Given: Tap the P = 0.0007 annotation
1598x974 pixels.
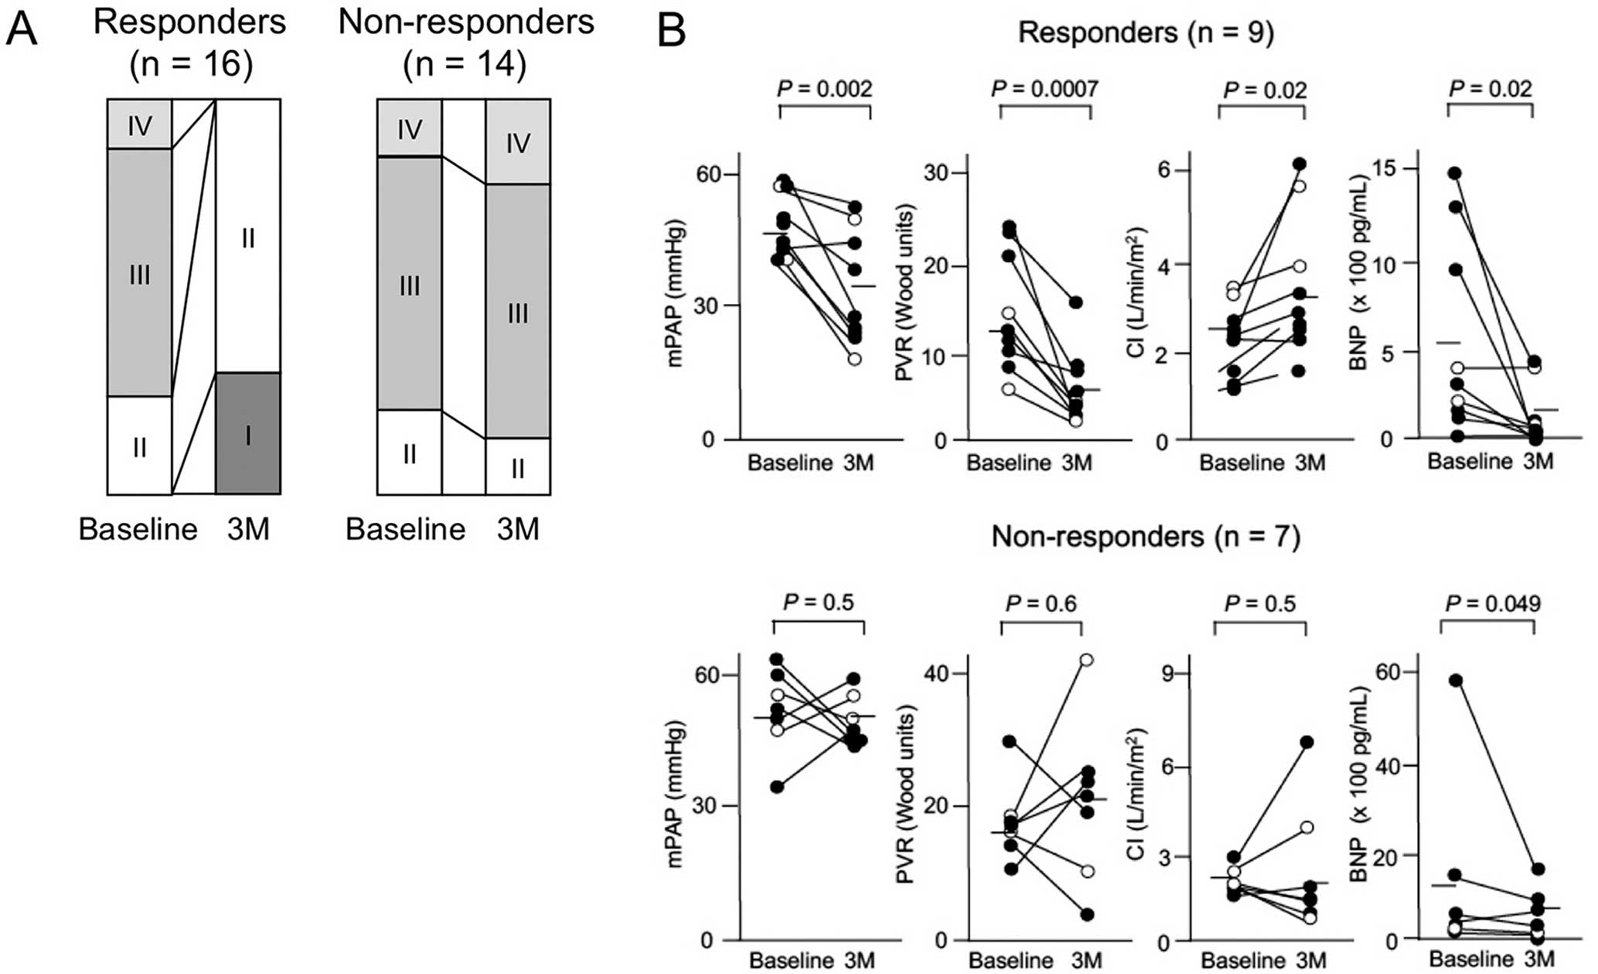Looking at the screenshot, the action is pyautogui.click(x=1044, y=89).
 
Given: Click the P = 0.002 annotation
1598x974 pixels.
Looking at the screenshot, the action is pyautogui.click(x=825, y=89).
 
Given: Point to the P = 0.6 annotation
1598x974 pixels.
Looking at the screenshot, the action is pyautogui.click(x=1041, y=603).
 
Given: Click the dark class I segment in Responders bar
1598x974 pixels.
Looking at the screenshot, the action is pyautogui.click(x=248, y=433).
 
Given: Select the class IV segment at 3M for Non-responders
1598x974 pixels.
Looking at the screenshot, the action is pyautogui.click(x=518, y=142).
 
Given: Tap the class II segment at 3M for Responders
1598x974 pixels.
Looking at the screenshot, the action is pyautogui.click(x=248, y=236).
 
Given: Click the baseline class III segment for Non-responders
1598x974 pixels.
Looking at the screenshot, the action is pyautogui.click(x=409, y=283).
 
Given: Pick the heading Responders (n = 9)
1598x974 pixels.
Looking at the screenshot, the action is pyautogui.click(x=1146, y=32).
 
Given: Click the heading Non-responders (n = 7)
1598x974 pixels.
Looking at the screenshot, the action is pyautogui.click(x=1146, y=536).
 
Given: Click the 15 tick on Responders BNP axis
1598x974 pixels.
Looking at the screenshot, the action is pyautogui.click(x=1381, y=169).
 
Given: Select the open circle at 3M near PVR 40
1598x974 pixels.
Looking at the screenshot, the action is pyautogui.click(x=1087, y=660).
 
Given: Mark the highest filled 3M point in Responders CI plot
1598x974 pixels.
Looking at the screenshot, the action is pyautogui.click(x=1300, y=163).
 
